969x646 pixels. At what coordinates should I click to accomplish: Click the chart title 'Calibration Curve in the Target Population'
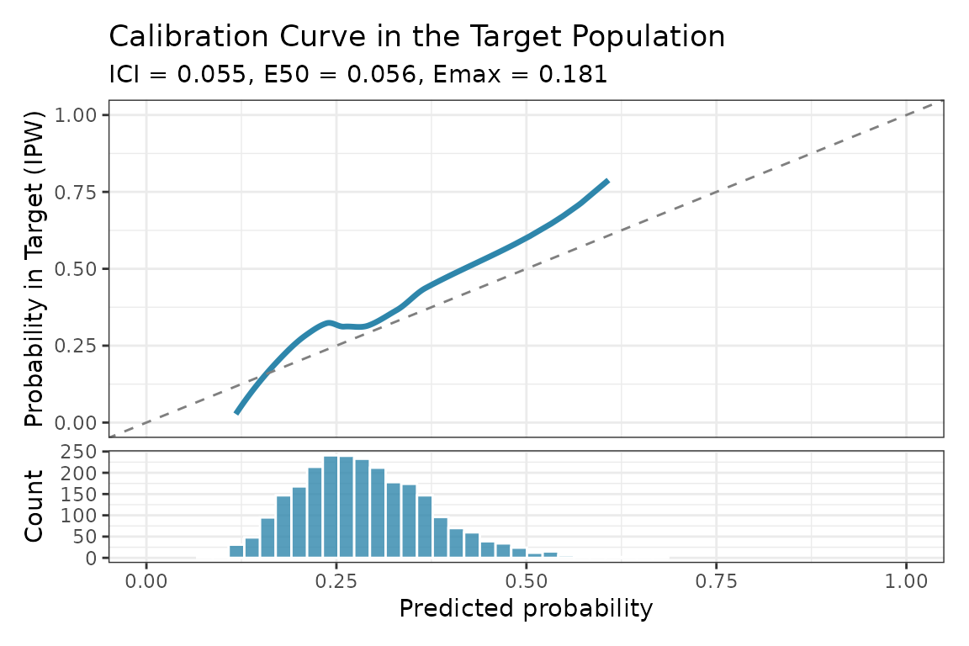(416, 37)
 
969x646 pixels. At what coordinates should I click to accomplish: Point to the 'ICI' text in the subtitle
(126, 75)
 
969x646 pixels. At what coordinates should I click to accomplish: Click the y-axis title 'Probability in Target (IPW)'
(34, 268)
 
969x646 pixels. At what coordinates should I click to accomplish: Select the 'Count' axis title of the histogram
(34, 506)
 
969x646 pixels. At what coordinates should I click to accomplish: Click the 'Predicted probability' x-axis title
(526, 609)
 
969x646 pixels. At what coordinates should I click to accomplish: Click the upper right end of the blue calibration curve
(606, 181)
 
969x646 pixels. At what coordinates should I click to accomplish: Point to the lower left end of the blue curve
(237, 412)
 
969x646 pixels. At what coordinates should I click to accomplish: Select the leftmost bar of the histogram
(236, 551)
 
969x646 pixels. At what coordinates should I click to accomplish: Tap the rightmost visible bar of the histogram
(550, 554)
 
